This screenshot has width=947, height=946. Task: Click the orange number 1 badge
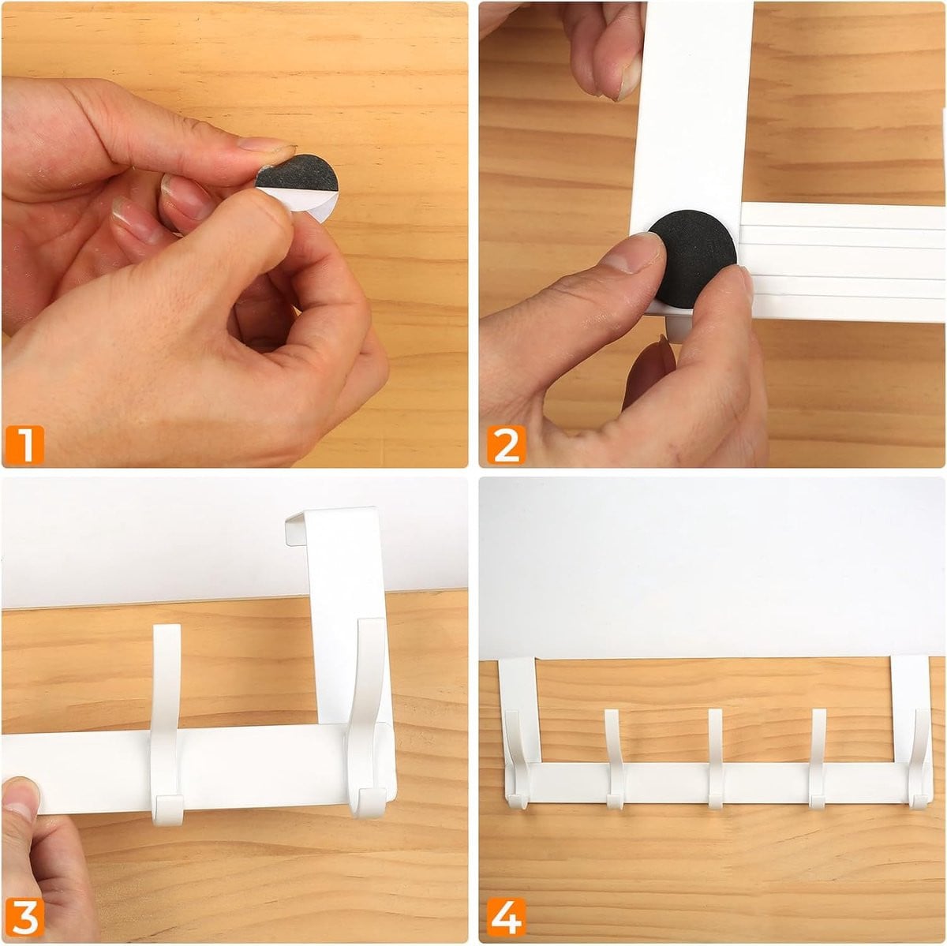point(24,445)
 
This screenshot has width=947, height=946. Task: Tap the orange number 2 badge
point(506,445)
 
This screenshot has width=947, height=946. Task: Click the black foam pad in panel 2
point(693,259)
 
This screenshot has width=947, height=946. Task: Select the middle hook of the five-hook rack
point(716,758)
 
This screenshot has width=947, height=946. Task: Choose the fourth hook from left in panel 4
point(817,758)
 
